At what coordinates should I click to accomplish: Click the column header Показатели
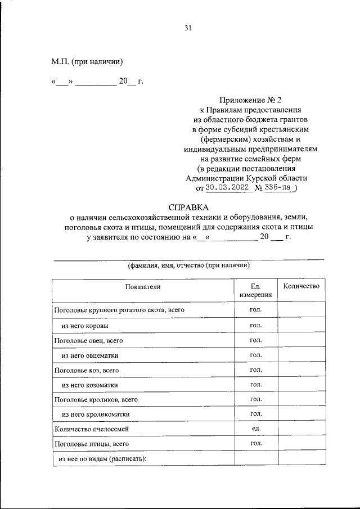[x=143, y=286]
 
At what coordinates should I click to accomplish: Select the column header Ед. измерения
[x=255, y=290]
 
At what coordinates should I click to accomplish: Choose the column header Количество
[x=301, y=286]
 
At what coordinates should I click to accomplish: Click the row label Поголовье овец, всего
[x=88, y=341]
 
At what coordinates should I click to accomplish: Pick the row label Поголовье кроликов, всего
[x=96, y=399]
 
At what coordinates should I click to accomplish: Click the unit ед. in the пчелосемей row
[x=255, y=429]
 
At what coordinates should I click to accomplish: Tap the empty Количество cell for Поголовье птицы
[x=301, y=444]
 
